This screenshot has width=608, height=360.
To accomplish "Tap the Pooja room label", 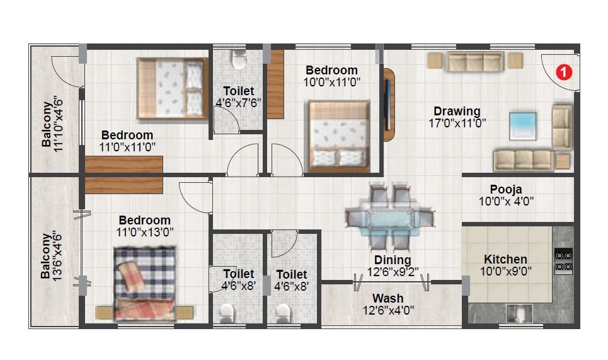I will (x=506, y=189).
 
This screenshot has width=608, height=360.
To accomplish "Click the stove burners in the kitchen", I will (x=563, y=261).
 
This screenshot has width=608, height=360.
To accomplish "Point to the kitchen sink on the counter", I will (x=519, y=313).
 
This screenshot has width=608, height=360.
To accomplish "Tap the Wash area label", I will (x=387, y=298).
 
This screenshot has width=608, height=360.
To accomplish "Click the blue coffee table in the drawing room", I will (x=523, y=125).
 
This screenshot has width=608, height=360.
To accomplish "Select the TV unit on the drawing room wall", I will (x=389, y=105).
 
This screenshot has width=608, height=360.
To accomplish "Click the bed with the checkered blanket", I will (x=144, y=282).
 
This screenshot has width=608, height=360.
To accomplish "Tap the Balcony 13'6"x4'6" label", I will (x=52, y=256).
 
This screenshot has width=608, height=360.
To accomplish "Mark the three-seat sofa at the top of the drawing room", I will (x=474, y=61).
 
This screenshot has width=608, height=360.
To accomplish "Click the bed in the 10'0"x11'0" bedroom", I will (x=338, y=135).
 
